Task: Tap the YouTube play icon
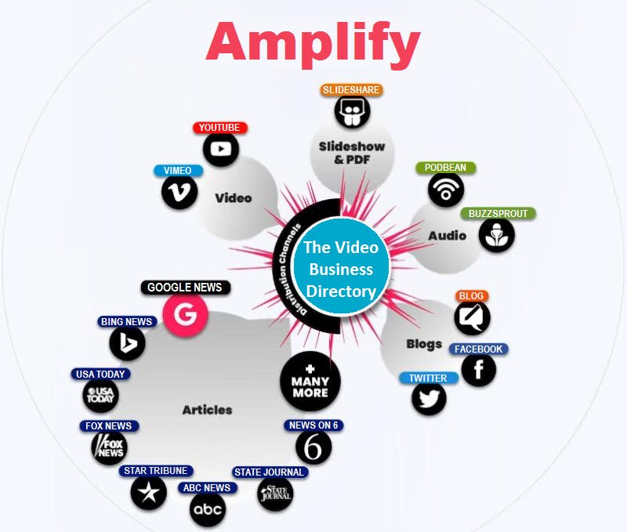(221, 149)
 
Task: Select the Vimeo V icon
(179, 191)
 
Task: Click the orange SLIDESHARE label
(351, 90)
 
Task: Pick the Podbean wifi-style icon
(446, 189)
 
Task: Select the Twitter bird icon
(429, 399)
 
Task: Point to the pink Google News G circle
(186, 315)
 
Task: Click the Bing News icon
(127, 342)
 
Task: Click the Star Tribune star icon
(149, 492)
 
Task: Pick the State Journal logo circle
(275, 494)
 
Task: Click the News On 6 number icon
(313, 447)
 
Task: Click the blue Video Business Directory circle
(339, 269)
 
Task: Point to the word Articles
(207, 410)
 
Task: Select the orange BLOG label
(471, 296)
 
